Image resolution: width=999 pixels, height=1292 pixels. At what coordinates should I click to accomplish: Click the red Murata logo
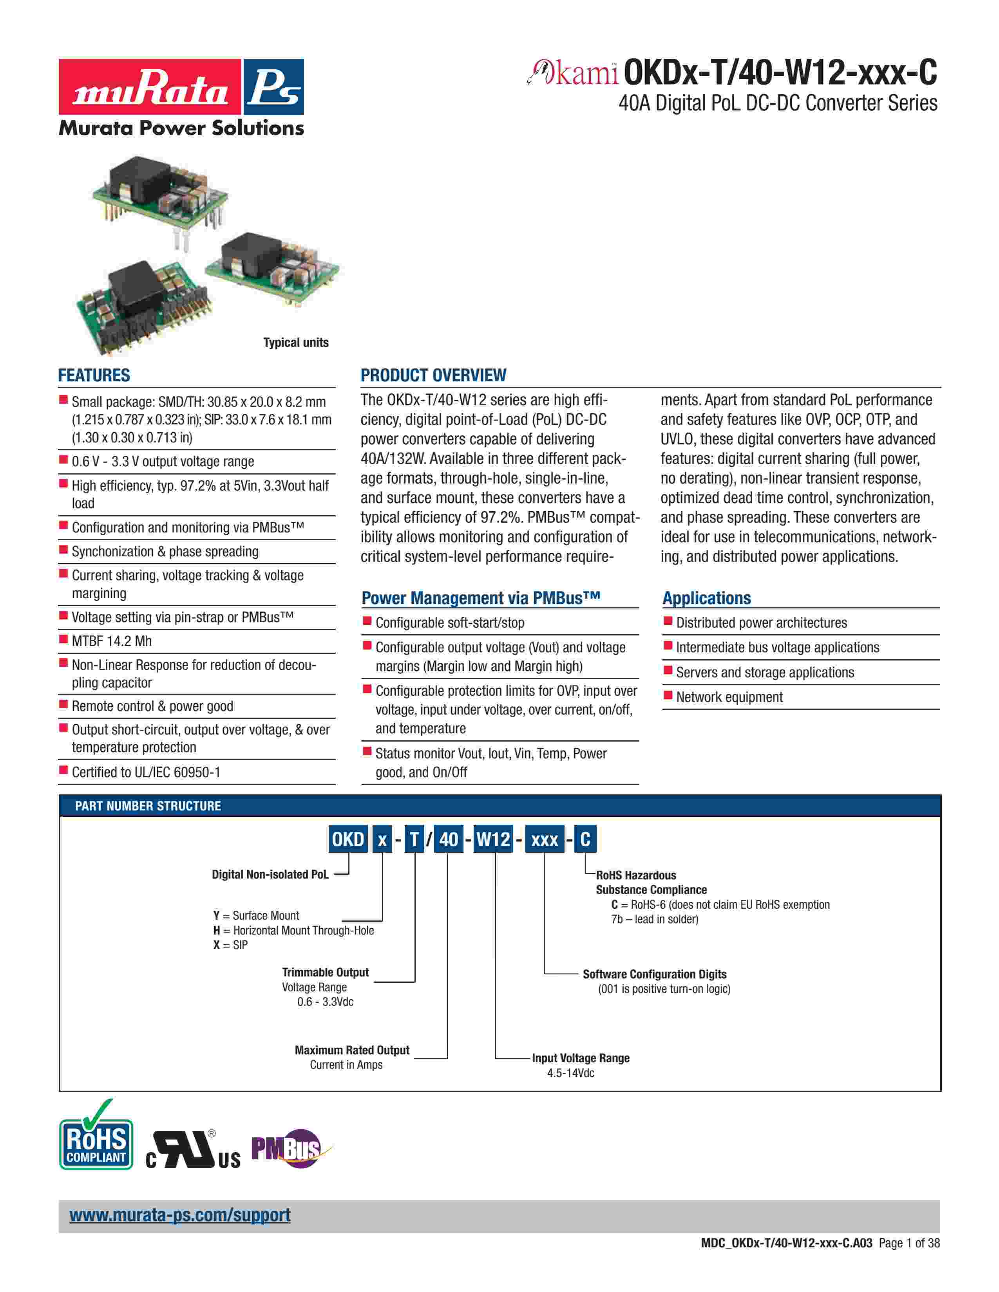pyautogui.click(x=150, y=87)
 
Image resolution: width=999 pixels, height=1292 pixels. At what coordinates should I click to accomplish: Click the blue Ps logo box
pyautogui.click(x=273, y=87)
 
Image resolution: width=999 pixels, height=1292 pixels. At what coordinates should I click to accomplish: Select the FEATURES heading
pyautogui.click(x=94, y=375)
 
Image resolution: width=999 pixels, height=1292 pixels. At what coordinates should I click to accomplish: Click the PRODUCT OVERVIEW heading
pyautogui.click(x=433, y=375)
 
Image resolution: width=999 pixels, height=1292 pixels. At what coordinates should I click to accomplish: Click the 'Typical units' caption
pyautogui.click(x=295, y=343)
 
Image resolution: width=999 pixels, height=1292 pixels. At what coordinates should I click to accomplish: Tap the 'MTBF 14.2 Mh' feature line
pyautogui.click(x=112, y=641)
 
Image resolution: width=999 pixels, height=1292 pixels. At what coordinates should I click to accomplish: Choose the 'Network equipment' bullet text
pyautogui.click(x=729, y=697)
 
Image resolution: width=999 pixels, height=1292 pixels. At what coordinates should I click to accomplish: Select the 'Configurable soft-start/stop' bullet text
pyautogui.click(x=450, y=623)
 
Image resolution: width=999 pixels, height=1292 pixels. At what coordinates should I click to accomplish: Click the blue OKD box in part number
pyautogui.click(x=348, y=839)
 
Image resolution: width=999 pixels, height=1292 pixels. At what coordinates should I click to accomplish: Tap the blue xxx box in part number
pyautogui.click(x=545, y=839)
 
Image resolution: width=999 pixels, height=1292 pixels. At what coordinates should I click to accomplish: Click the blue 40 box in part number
pyautogui.click(x=449, y=839)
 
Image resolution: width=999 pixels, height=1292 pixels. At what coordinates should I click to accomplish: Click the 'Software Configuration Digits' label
pyautogui.click(x=655, y=974)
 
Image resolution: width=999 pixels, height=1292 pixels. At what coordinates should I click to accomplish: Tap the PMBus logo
pyautogui.click(x=287, y=1148)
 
